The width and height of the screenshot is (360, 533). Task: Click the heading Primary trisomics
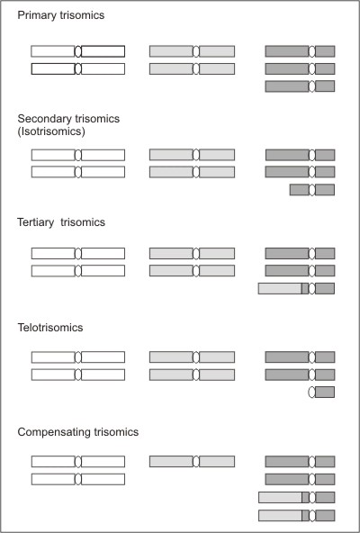[x=61, y=15]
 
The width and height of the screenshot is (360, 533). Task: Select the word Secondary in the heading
[x=44, y=119]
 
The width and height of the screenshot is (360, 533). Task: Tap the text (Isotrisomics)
[x=51, y=131]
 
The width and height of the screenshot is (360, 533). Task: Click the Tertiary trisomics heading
[x=61, y=222]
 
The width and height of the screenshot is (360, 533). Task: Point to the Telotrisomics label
[x=50, y=328]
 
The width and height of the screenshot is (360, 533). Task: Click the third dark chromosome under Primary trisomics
[x=300, y=86]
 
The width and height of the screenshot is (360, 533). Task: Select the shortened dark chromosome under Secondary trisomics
[x=312, y=190]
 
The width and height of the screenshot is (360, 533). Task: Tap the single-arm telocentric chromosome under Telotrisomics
[x=321, y=392]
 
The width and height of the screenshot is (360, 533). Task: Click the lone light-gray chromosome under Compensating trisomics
[x=192, y=461]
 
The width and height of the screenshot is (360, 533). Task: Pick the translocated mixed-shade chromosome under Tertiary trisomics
[x=296, y=289]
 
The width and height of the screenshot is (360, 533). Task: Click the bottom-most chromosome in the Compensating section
[x=296, y=515]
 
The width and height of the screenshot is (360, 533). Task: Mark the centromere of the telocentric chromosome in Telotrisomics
[x=311, y=392]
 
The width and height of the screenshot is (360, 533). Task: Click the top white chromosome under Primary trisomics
[x=77, y=51]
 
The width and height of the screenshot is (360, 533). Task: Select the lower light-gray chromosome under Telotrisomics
[x=192, y=375]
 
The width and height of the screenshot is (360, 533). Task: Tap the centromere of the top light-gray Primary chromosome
[x=196, y=51]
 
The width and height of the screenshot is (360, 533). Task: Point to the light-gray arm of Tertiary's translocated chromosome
[x=280, y=289]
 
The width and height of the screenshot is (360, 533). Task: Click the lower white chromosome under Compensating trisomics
[x=77, y=479]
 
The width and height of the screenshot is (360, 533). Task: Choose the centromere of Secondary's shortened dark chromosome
[x=311, y=190]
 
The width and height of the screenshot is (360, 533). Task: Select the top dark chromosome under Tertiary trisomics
[x=300, y=253]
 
